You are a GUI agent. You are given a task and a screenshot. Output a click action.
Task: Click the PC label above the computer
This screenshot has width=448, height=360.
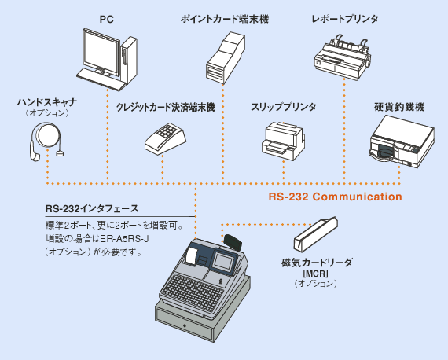[x=107, y=20]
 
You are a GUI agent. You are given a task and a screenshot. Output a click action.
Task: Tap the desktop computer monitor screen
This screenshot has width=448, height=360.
[x=101, y=53]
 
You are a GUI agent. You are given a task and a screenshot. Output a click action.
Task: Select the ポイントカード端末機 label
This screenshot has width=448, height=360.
[x=225, y=19]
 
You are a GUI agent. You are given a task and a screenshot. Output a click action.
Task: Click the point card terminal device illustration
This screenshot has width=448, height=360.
[x=226, y=58]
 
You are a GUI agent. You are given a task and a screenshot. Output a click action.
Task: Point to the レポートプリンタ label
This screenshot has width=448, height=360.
[x=345, y=19]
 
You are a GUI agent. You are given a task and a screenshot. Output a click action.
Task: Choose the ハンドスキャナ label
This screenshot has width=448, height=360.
[x=47, y=102]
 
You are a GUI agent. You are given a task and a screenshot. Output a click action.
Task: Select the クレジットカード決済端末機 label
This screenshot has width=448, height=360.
[x=165, y=108]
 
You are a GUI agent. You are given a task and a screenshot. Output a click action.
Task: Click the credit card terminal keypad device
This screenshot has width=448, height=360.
[x=165, y=139]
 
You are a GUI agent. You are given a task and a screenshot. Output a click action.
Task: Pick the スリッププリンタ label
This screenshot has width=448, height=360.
[x=284, y=107]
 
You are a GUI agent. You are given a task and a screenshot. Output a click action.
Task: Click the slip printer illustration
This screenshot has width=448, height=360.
[x=283, y=141]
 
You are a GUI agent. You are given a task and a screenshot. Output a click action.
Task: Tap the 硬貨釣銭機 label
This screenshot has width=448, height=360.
[x=399, y=107]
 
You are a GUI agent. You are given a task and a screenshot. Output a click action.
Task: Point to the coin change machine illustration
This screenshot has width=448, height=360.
[x=402, y=141]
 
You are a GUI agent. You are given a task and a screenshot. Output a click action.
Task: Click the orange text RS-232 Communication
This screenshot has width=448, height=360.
[x=335, y=197]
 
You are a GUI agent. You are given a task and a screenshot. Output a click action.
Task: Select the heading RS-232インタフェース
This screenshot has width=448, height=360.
[x=92, y=208]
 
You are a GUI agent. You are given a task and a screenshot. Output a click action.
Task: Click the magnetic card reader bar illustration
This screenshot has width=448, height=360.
[x=316, y=233]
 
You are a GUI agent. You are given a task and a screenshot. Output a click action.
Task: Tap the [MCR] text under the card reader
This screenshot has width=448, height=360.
[x=316, y=274]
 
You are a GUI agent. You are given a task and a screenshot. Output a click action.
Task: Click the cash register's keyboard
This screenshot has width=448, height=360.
[x=191, y=292]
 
